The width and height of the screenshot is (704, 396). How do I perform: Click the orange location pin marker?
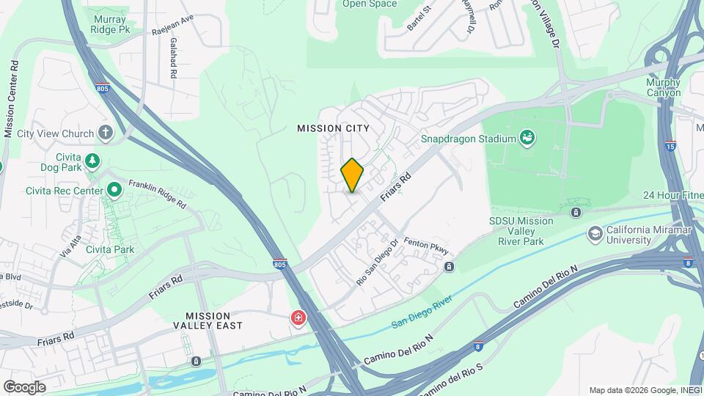[x=352, y=175]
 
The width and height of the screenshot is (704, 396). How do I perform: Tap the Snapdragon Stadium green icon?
[x=527, y=137]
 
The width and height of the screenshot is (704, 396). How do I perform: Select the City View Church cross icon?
[x=106, y=133]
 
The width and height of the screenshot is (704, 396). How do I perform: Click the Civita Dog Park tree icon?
[x=92, y=160]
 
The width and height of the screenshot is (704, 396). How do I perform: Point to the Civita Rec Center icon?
[x=114, y=191]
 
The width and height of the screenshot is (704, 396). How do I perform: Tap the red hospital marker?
[x=298, y=319]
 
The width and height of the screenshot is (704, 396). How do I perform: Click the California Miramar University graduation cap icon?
[x=595, y=234]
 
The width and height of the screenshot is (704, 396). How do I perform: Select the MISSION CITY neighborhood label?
[x=333, y=128]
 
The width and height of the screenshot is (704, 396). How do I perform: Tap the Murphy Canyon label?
[x=664, y=88]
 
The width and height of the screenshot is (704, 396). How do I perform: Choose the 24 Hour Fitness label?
[x=672, y=195]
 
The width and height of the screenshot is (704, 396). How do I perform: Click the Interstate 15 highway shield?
[x=670, y=146]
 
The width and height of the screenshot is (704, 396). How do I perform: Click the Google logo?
[x=24, y=387]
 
